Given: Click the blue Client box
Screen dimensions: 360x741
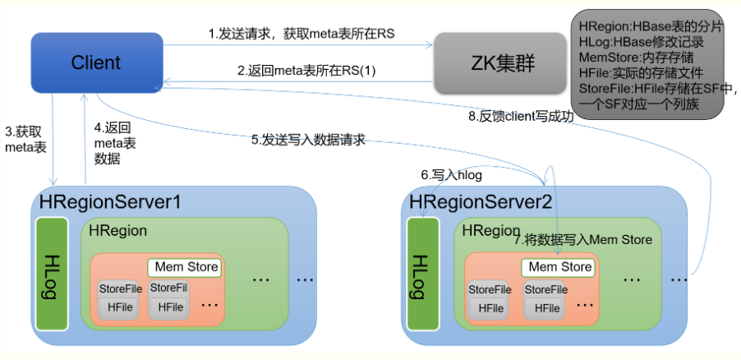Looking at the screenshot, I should (x=96, y=62).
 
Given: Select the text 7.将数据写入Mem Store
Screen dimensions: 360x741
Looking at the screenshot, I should (x=582, y=240).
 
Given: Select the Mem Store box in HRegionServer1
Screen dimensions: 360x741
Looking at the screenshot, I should (x=188, y=267).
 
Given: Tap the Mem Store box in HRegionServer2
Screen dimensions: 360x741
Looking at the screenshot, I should (x=559, y=267).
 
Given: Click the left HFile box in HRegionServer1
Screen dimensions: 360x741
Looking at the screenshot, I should (x=120, y=307).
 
